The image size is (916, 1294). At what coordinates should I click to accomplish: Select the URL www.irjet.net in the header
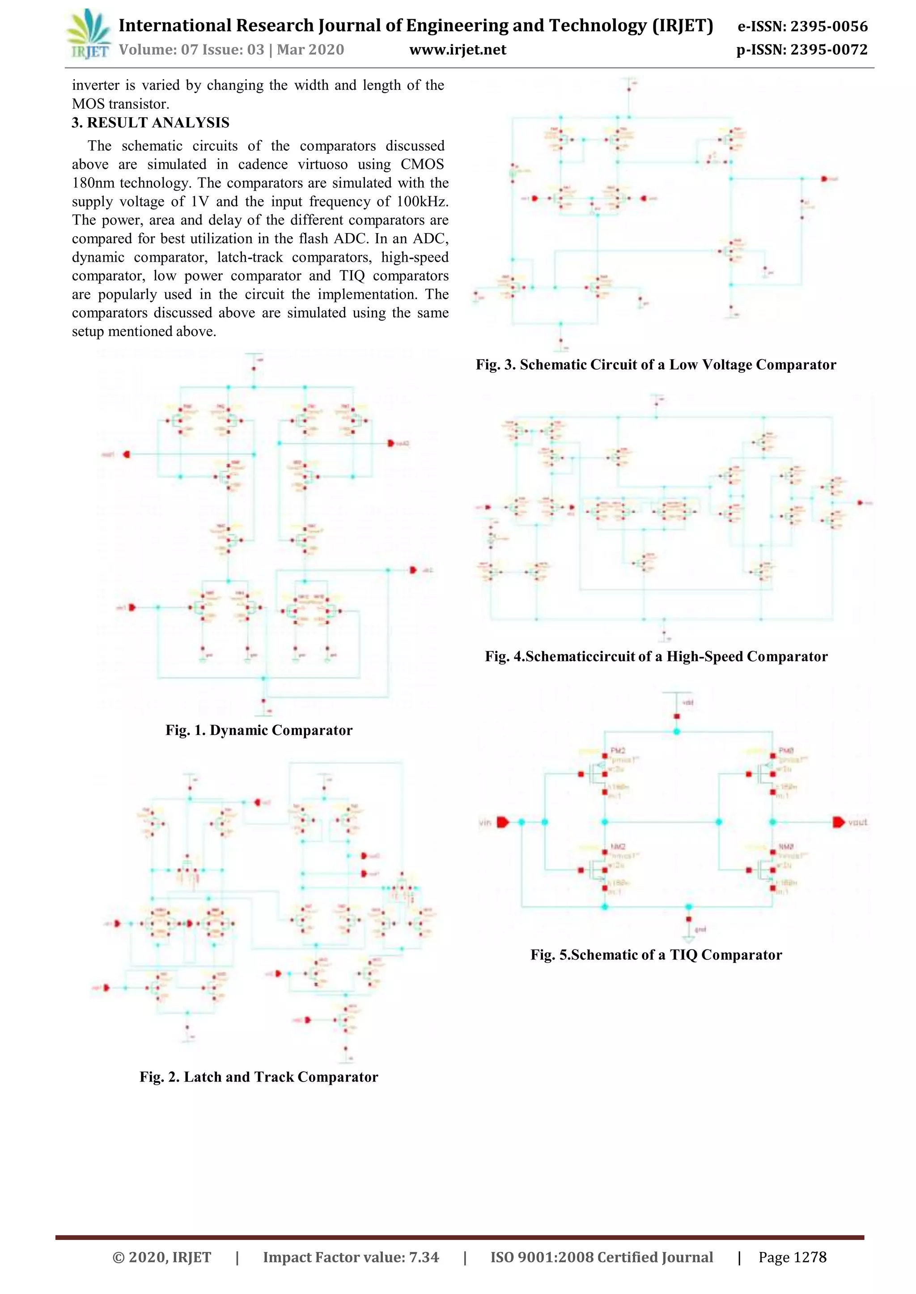tap(458, 50)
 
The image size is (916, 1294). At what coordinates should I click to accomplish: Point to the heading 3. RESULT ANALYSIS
tap(151, 123)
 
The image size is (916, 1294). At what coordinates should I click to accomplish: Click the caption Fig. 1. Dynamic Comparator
tap(259, 730)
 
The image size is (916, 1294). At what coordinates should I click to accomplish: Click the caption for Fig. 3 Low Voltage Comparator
tap(655, 365)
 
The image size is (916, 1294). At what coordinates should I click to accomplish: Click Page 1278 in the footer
tap(792, 1257)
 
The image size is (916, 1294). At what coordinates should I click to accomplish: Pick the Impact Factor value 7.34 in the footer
tap(424, 1257)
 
